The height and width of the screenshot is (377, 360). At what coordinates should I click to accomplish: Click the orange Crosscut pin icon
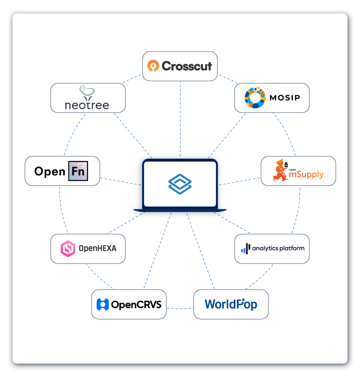pyautogui.click(x=153, y=66)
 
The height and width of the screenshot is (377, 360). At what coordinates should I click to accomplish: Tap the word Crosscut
pyautogui.click(x=187, y=66)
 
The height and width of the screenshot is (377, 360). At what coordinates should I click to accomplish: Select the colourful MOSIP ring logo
pyautogui.click(x=255, y=98)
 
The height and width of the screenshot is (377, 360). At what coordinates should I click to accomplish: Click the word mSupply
pyautogui.click(x=307, y=174)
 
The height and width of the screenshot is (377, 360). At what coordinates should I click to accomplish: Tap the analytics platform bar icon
pyautogui.click(x=245, y=249)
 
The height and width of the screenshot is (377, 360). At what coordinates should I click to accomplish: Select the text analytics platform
pyautogui.click(x=278, y=248)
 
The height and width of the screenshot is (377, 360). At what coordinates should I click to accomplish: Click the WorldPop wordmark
pyautogui.click(x=231, y=304)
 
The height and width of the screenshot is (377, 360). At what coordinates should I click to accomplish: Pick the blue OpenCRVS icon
pyautogui.click(x=102, y=304)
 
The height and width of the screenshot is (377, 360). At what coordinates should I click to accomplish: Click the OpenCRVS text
pyautogui.click(x=136, y=304)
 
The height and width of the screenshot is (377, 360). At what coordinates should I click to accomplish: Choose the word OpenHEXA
pyautogui.click(x=97, y=249)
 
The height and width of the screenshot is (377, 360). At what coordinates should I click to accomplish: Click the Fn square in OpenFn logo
pyautogui.click(x=79, y=171)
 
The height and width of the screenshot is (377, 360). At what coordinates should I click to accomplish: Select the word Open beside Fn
pyautogui.click(x=50, y=172)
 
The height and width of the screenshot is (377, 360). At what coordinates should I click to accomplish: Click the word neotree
pyautogui.click(x=87, y=104)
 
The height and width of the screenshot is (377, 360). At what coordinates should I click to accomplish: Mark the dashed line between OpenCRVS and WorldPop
pyautogui.click(x=180, y=309)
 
